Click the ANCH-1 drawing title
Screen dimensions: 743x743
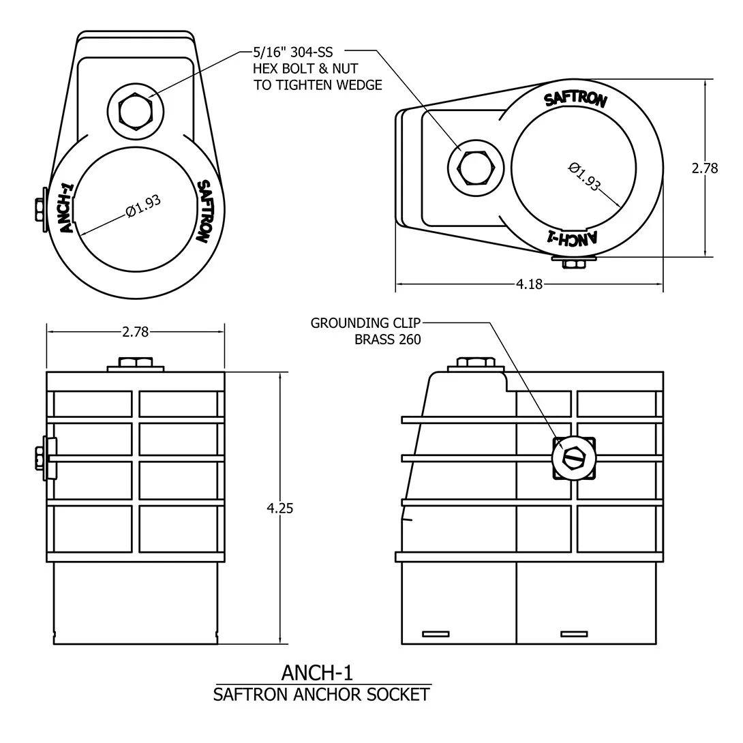[317, 672]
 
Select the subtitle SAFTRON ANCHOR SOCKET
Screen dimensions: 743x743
[321, 695]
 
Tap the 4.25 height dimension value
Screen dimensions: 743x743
[280, 509]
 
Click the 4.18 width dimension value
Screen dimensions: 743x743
[529, 284]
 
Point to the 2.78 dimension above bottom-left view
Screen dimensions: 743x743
[136, 332]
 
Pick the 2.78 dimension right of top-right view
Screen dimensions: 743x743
[705, 168]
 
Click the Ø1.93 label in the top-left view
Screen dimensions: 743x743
[144, 207]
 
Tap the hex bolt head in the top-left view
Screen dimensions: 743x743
[136, 112]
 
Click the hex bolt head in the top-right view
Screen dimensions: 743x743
[476, 168]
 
